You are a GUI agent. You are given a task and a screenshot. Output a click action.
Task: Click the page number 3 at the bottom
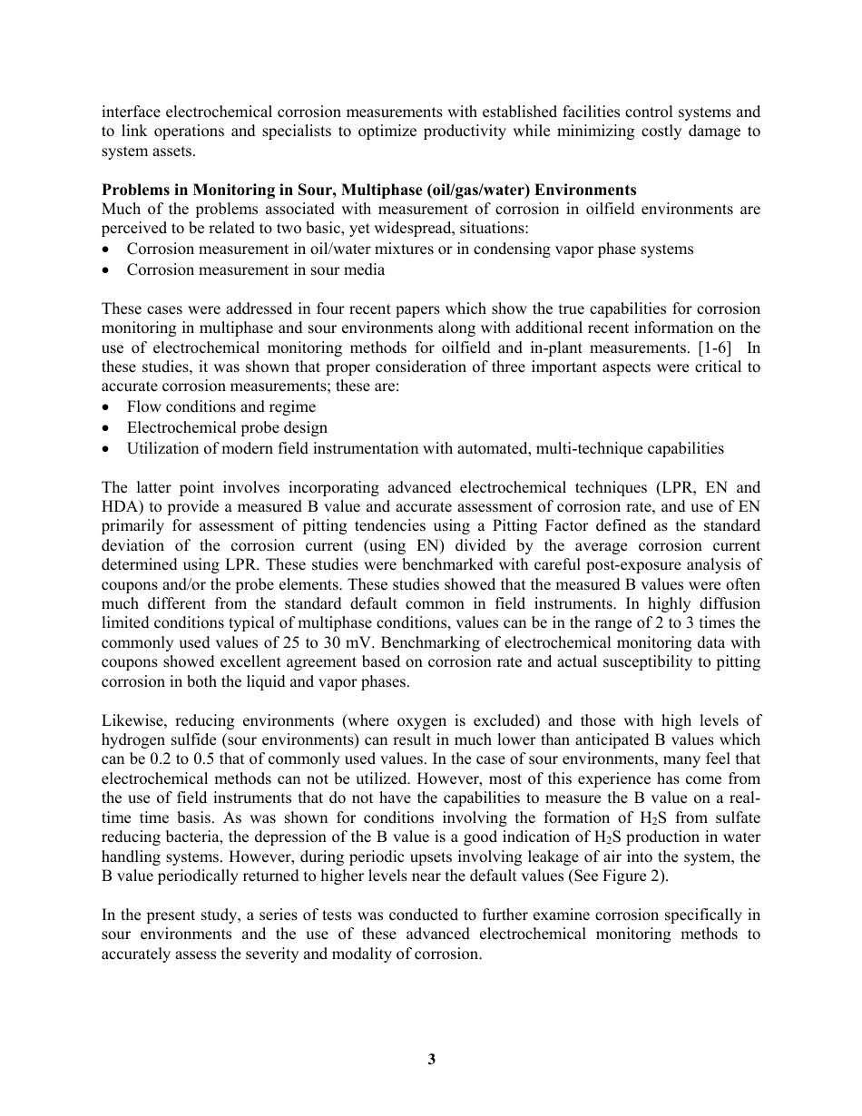pos(432,1059)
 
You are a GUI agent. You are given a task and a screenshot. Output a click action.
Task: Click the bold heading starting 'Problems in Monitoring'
pos(368,190)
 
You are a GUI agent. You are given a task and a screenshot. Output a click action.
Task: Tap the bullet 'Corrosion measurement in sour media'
pos(255,269)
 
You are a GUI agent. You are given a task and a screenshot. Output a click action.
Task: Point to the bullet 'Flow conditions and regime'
pos(220,406)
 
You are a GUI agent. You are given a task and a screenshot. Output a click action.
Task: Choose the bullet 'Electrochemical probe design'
pos(227,427)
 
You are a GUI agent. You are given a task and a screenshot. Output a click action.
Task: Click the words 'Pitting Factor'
pos(623,526)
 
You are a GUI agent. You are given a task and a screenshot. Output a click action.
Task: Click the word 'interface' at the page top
pos(126,112)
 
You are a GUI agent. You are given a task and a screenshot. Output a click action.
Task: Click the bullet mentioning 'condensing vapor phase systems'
pos(409,249)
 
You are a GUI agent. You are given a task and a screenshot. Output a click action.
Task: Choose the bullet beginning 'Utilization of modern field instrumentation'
pos(425,448)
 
